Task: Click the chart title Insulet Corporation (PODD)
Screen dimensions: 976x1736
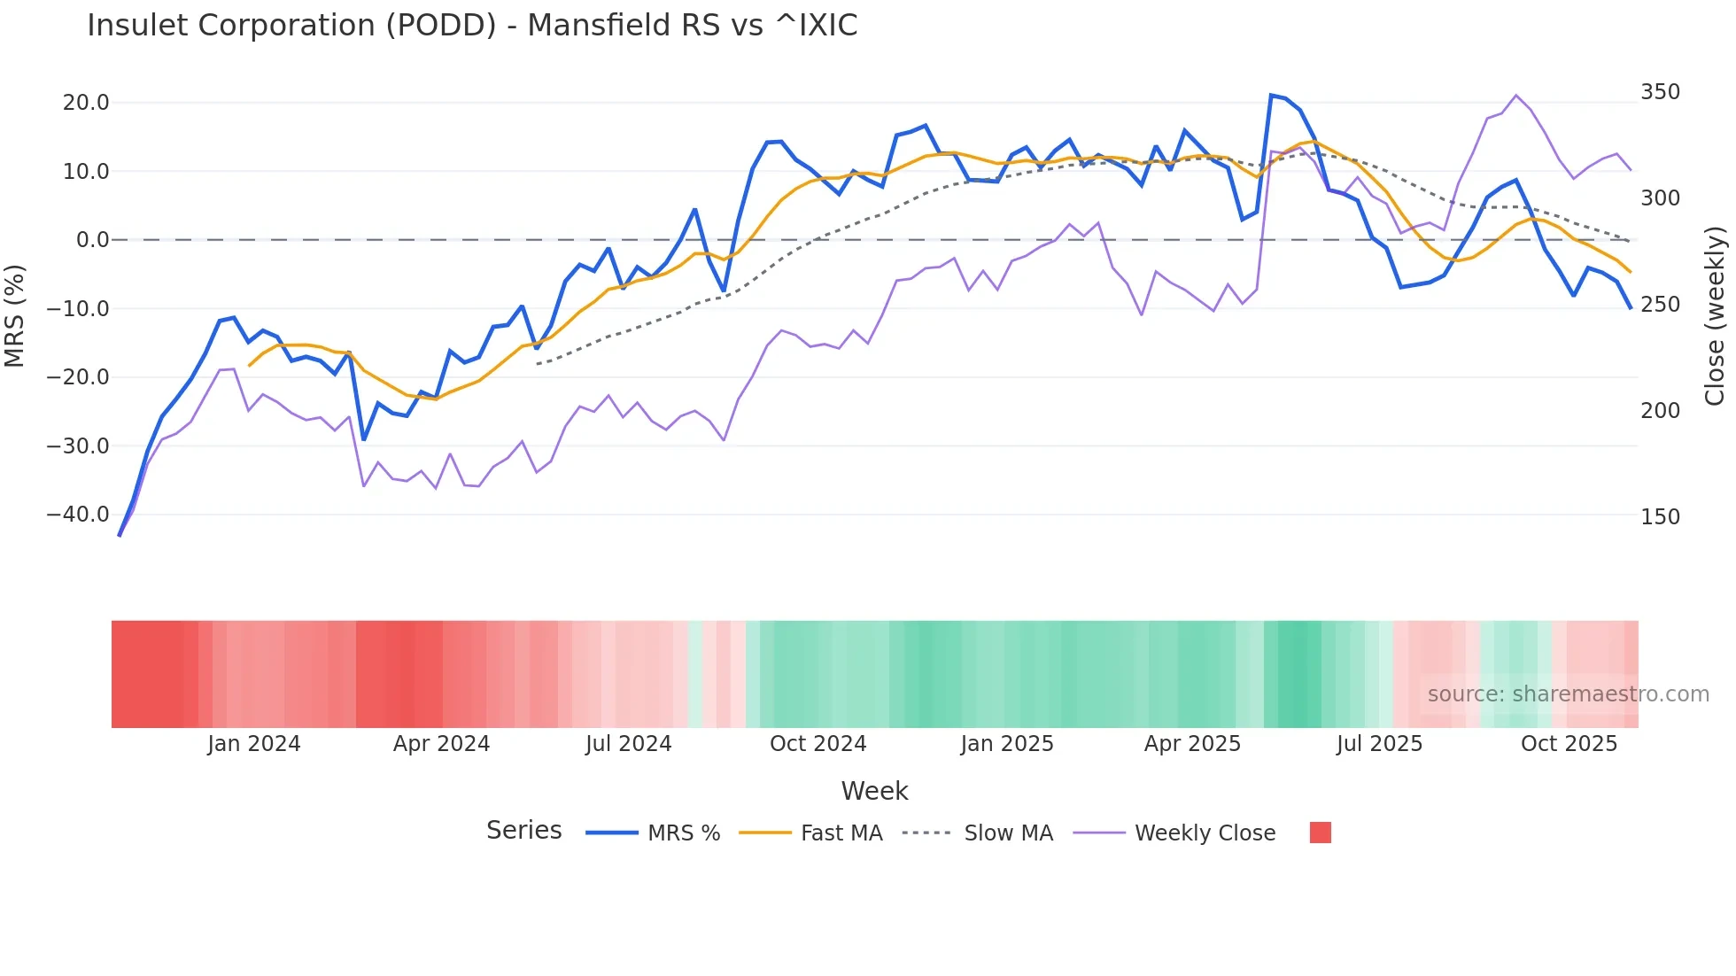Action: pos(472,26)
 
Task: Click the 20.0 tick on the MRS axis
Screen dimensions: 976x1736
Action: pos(86,103)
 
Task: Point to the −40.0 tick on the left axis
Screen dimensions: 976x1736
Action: pos(78,515)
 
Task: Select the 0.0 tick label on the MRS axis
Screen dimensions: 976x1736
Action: pos(92,240)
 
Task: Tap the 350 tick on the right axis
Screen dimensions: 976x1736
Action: pos(1660,92)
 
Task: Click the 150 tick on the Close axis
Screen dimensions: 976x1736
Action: pos(1660,517)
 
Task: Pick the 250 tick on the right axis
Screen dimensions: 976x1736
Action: pos(1660,305)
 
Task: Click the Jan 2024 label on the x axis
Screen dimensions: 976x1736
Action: pos(254,744)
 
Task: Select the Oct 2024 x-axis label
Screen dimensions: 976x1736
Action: pos(818,744)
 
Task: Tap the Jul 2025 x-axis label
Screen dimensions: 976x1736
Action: pos(1379,744)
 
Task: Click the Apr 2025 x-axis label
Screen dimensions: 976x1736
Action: pos(1192,744)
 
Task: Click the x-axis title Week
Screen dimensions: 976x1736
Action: pos(874,791)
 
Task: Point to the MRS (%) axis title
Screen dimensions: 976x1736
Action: pos(14,316)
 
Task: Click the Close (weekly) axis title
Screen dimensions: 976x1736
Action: pos(1715,316)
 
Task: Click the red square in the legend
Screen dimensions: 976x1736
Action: pos(1320,833)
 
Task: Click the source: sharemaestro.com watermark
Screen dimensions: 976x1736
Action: pos(1568,694)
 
